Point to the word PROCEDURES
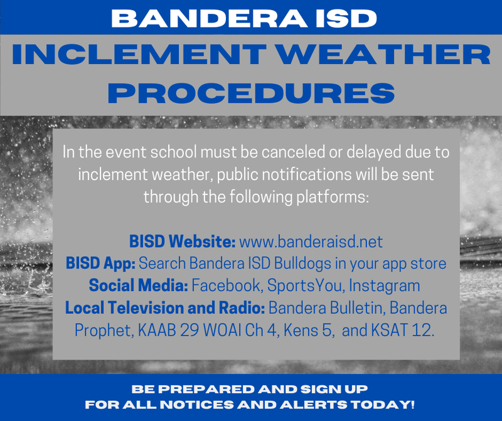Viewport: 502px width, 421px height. click(x=251, y=92)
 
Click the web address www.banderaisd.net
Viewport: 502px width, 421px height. click(x=311, y=242)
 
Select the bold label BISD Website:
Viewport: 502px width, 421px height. click(x=183, y=242)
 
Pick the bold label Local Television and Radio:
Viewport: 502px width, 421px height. click(x=166, y=308)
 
